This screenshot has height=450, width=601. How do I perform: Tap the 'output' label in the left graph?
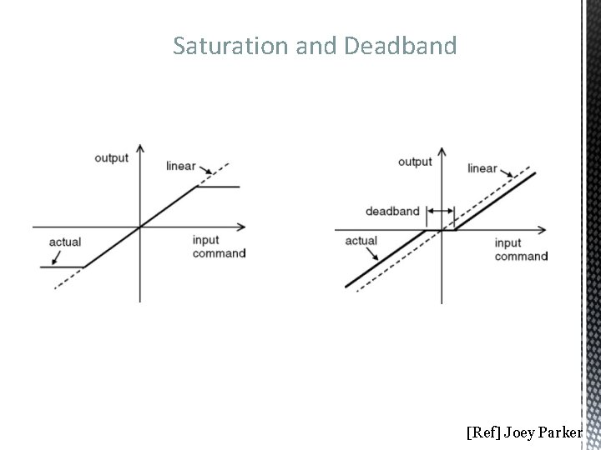coord(111,157)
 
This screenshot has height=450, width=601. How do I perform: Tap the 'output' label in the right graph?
coord(415,162)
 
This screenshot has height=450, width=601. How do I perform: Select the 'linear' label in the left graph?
coord(181,166)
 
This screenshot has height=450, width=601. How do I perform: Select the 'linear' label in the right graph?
coord(482,168)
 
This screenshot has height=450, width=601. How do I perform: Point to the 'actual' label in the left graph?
coord(65,242)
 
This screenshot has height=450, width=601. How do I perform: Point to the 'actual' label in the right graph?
coord(361,241)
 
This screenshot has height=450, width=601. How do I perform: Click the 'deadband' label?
coord(392,211)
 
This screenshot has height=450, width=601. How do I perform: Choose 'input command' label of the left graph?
coord(219,247)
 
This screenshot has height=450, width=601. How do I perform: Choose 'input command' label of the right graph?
coord(521,250)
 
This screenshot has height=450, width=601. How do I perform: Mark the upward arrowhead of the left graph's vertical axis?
coord(140,149)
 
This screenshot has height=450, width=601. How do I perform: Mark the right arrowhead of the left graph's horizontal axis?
coord(242,226)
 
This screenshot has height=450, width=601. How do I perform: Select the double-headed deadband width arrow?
coord(440,211)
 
